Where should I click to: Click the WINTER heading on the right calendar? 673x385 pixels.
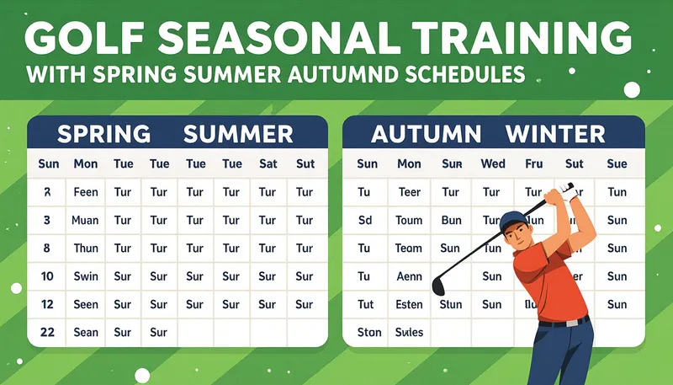click(554, 133)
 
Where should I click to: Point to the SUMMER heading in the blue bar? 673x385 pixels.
click(238, 133)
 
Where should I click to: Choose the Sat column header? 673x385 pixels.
click(268, 163)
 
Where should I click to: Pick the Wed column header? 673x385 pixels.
click(492, 163)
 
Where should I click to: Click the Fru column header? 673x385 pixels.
click(533, 163)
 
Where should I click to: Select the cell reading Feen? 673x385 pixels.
click(86, 192)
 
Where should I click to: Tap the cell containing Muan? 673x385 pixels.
click(86, 220)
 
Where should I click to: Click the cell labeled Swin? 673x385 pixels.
click(86, 276)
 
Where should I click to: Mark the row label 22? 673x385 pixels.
click(47, 332)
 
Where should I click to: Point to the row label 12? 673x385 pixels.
click(47, 304)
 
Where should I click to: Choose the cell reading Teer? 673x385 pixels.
click(410, 192)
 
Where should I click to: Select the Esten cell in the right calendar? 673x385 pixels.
click(410, 304)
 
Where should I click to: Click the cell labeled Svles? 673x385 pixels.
click(410, 332)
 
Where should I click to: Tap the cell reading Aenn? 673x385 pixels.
click(410, 276)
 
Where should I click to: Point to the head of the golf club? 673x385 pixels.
click(438, 286)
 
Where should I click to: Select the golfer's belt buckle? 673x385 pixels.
click(572, 322)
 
